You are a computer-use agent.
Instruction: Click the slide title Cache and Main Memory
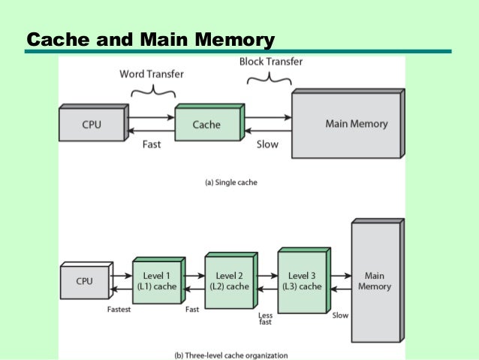pyautogui.click(x=150, y=39)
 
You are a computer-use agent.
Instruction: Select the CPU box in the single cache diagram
pyautogui.click(x=91, y=125)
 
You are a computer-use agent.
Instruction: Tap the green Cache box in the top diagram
pyautogui.click(x=206, y=125)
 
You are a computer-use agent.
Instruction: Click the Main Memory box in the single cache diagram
pyautogui.click(x=345, y=125)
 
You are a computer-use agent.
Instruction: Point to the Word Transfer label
pyautogui.click(x=152, y=74)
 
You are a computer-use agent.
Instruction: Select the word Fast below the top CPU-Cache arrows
pyautogui.click(x=152, y=144)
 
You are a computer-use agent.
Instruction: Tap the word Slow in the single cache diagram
pyautogui.click(x=267, y=144)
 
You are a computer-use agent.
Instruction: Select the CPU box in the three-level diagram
pyautogui.click(x=85, y=282)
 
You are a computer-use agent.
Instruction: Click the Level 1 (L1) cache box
pyautogui.click(x=156, y=282)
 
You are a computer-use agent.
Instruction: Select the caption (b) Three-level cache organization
pyautogui.click(x=232, y=355)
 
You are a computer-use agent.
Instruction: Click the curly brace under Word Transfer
pyautogui.click(x=153, y=91)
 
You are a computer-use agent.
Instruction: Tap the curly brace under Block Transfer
pyautogui.click(x=269, y=77)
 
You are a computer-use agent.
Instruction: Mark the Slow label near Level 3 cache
pyautogui.click(x=340, y=316)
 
